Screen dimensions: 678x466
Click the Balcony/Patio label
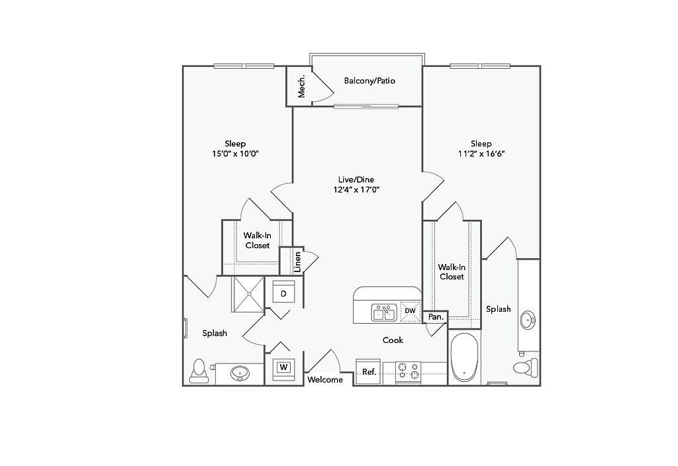click(369, 80)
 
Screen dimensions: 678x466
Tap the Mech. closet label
click(302, 86)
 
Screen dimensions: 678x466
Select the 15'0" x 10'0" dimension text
click(235, 154)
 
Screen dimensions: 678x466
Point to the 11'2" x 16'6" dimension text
click(482, 154)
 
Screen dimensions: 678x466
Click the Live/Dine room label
click(356, 179)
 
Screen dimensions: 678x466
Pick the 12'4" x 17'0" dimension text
click(357, 189)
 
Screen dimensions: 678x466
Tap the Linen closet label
click(297, 262)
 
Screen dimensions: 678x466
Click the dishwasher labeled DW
click(411, 310)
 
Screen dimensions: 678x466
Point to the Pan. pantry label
click(436, 317)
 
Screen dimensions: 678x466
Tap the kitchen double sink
click(384, 312)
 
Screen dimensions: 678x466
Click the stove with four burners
click(409, 372)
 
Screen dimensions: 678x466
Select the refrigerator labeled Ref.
click(368, 371)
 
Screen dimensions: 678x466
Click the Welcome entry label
click(325, 379)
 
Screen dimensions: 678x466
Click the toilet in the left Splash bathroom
click(199, 371)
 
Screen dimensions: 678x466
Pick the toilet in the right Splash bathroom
click(525, 368)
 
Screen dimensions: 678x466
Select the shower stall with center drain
click(248, 294)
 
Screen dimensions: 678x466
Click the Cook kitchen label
click(393, 340)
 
